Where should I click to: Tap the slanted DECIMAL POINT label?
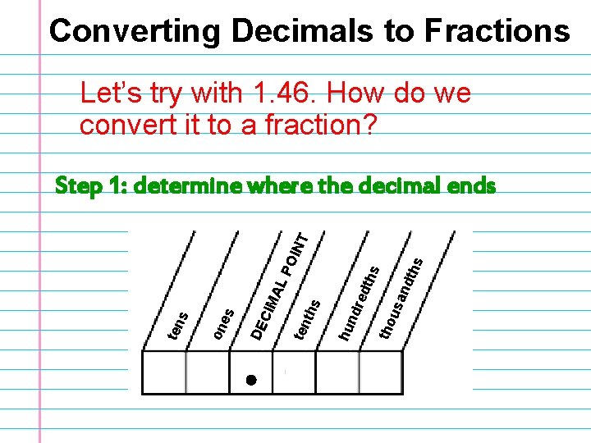pyautogui.click(x=280, y=286)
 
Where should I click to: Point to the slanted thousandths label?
pyautogui.click(x=401, y=296)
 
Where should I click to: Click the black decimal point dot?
pyautogui.click(x=251, y=380)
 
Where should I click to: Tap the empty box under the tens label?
pyautogui.click(x=164, y=373)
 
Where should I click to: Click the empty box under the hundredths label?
pyautogui.click(x=337, y=373)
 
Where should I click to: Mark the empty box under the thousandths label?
pyautogui.click(x=381, y=373)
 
